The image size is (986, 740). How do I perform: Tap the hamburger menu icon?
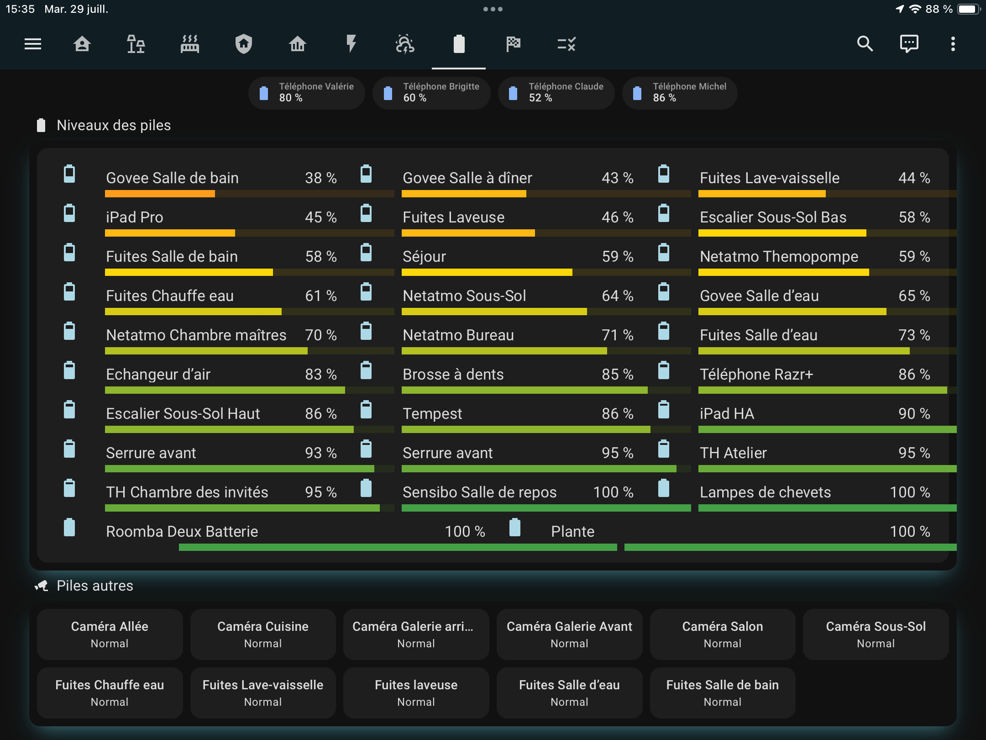[x=33, y=44]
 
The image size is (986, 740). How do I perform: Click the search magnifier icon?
[x=865, y=44]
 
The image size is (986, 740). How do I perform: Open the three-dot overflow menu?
[x=953, y=44]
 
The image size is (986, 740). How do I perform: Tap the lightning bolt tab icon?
[x=351, y=44]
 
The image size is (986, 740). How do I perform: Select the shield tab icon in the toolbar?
[x=243, y=44]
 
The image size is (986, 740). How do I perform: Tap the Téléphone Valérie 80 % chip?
[x=306, y=93]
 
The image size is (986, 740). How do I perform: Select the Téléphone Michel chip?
[x=680, y=93]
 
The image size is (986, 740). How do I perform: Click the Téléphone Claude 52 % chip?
[x=556, y=93]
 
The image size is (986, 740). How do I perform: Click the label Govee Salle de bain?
[x=172, y=178]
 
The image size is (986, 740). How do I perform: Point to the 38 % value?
[x=320, y=178]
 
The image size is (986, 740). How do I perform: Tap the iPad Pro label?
[x=134, y=217]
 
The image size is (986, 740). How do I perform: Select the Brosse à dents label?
[x=453, y=374]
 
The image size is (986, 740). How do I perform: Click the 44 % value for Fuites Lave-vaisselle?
[x=914, y=178]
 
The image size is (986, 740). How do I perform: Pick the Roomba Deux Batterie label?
[x=182, y=531]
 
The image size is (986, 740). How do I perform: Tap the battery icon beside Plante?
[x=514, y=527]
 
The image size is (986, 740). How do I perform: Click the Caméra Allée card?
[x=110, y=634]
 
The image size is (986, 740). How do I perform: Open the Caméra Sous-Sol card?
[x=876, y=634]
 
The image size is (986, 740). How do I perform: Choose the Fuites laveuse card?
[x=416, y=692]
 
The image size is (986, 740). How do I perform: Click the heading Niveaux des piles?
[x=114, y=125]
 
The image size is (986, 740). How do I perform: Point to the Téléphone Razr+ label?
[x=756, y=374]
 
